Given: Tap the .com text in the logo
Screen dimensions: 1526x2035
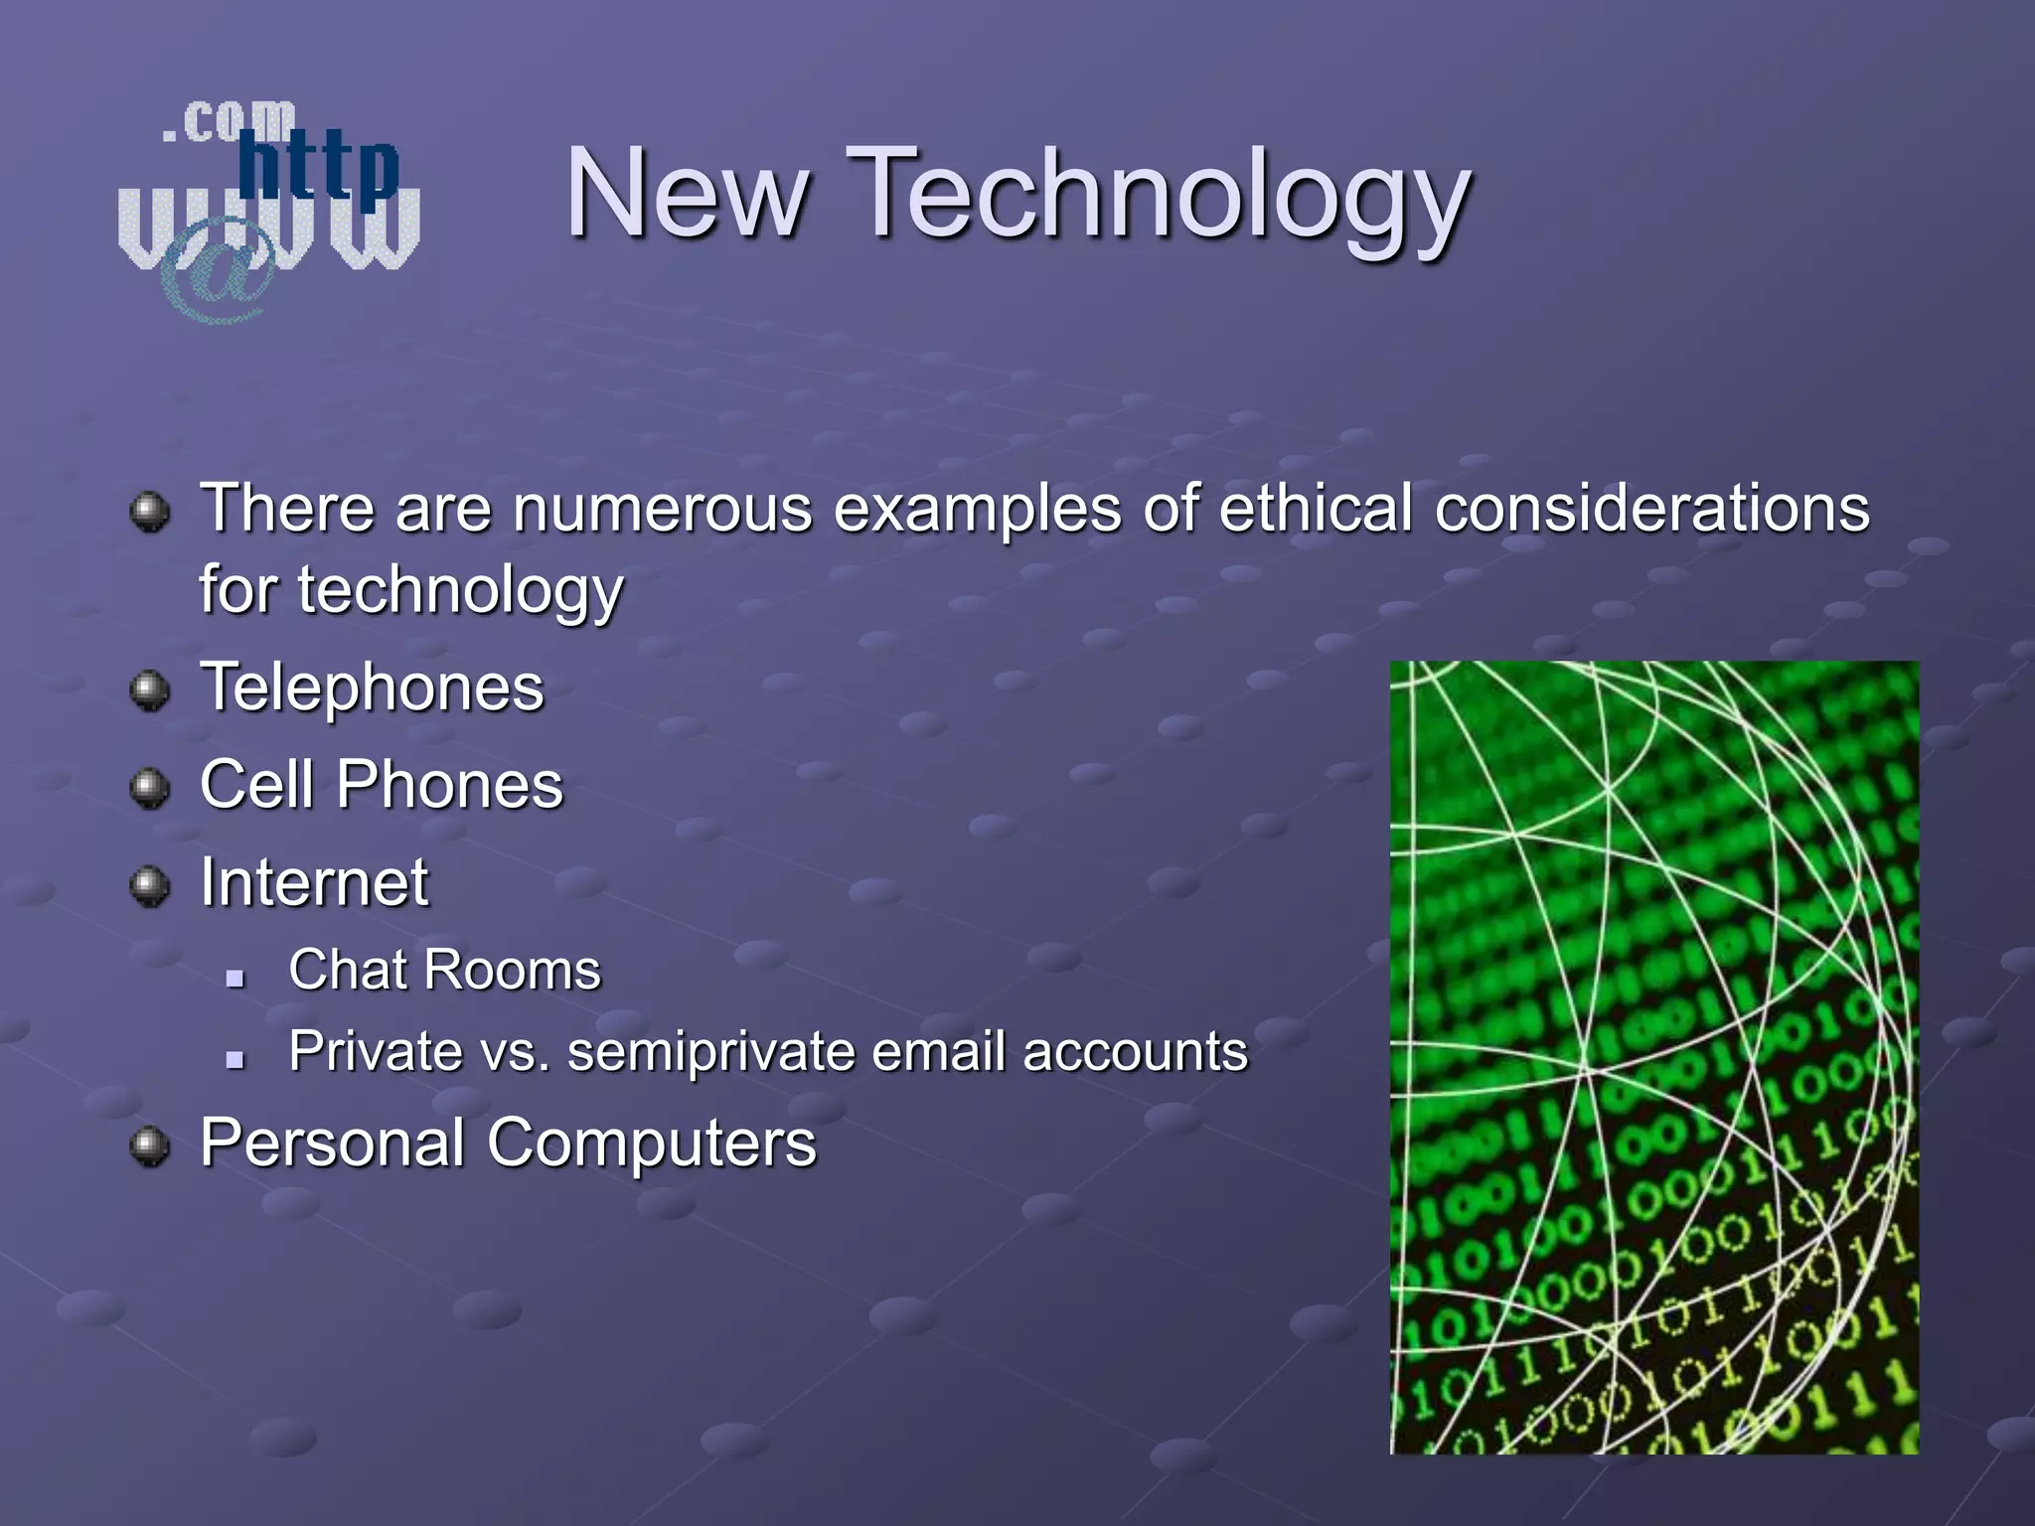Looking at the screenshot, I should point(229,121).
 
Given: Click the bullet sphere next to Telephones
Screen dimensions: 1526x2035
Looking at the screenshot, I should point(150,689).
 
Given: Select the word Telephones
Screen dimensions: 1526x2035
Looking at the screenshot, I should point(372,687).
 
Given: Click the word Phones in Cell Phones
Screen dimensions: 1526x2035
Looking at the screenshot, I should point(449,785).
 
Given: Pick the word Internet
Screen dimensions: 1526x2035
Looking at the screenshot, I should point(314,882).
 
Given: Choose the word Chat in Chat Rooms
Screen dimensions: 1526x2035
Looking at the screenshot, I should point(342,970).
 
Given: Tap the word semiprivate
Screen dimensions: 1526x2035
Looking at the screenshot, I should point(710,1051).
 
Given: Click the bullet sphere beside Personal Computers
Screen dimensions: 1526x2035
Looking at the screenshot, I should point(150,1145).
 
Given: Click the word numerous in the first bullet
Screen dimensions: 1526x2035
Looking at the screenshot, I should point(663,508).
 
